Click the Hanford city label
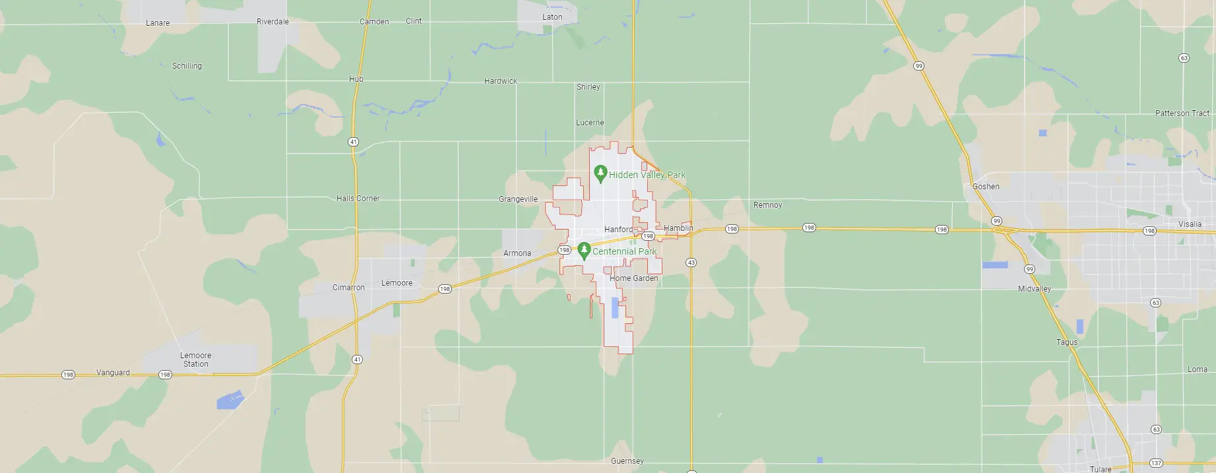click(618, 230)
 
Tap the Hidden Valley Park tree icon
click(600, 174)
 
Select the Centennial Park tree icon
click(584, 251)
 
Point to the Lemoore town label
click(397, 283)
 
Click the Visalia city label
click(1190, 224)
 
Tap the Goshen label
click(986, 187)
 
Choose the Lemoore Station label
click(196, 360)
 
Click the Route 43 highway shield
click(691, 263)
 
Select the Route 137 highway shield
click(1155, 463)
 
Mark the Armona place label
click(517, 253)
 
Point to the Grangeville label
click(518, 199)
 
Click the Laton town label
click(552, 17)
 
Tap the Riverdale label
click(272, 22)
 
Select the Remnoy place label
click(767, 205)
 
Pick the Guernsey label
click(627, 461)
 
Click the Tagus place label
click(1067, 342)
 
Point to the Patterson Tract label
click(1182, 113)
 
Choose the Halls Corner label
click(358, 199)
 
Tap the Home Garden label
click(633, 278)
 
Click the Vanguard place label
click(113, 373)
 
